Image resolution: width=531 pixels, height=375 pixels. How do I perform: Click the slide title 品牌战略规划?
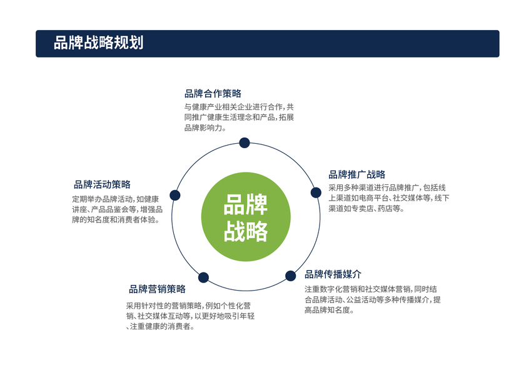(98, 43)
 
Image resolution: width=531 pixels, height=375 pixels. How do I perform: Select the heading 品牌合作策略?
(213, 94)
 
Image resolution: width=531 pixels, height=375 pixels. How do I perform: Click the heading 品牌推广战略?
(357, 174)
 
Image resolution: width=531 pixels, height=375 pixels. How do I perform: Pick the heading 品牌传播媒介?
(333, 274)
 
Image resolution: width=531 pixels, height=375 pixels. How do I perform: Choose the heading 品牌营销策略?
(157, 289)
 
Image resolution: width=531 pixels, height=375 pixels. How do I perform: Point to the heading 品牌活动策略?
(102, 184)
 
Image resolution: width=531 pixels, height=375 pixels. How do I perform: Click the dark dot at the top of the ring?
(245, 143)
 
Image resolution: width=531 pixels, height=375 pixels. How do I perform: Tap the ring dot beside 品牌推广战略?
(316, 192)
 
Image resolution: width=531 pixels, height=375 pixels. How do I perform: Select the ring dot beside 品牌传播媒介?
(291, 276)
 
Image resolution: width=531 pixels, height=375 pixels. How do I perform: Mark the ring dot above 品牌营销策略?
(203, 277)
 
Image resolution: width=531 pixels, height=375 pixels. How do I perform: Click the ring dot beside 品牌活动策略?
(175, 195)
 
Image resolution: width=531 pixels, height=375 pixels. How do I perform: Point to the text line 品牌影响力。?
(205, 128)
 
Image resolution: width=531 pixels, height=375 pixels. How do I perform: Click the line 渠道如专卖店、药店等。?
(367, 209)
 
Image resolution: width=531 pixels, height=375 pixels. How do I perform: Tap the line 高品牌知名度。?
(330, 310)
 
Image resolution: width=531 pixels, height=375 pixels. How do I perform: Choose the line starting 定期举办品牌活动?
(116, 199)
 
